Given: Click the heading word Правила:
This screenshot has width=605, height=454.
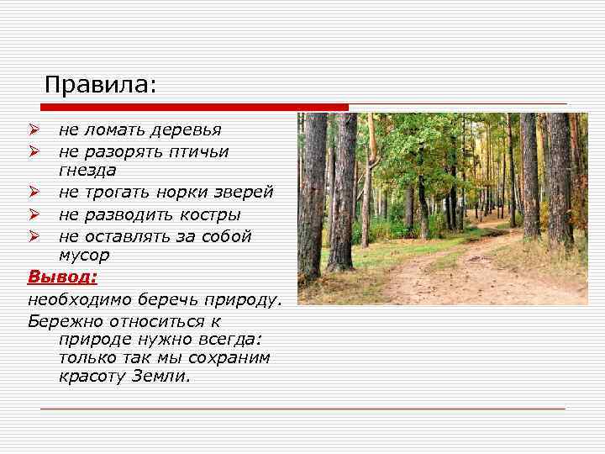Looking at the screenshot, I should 101,85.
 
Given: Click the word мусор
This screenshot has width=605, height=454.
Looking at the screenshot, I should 85,255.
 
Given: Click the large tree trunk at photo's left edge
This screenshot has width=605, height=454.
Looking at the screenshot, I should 312,202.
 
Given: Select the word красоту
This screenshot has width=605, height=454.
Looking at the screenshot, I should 92,376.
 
